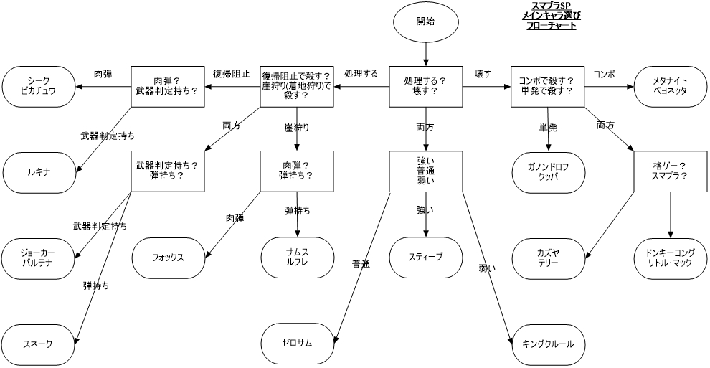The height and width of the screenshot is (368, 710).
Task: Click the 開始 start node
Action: click(x=425, y=21)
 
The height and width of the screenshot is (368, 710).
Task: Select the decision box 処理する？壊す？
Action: click(x=425, y=86)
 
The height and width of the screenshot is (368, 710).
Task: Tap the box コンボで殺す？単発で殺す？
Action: click(x=548, y=86)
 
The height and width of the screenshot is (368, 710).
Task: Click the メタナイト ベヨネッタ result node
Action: click(x=670, y=86)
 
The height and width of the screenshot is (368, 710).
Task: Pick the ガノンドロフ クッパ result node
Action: click(x=548, y=172)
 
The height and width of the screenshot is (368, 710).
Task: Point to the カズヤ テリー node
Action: click(x=548, y=258)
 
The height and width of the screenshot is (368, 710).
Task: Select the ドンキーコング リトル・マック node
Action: click(x=670, y=258)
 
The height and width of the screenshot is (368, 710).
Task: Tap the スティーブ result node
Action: click(x=425, y=257)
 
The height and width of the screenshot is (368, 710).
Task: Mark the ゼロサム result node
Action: click(x=297, y=343)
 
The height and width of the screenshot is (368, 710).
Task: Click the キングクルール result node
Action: click(x=548, y=343)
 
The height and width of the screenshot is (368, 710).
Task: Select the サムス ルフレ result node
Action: click(x=297, y=258)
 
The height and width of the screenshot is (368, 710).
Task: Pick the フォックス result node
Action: click(x=168, y=258)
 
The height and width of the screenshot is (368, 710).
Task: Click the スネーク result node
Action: click(x=39, y=343)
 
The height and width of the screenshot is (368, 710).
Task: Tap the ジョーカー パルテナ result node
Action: click(x=39, y=258)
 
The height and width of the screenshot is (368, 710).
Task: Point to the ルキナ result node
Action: click(x=39, y=172)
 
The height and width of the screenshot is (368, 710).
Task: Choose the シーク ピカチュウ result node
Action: click(x=39, y=86)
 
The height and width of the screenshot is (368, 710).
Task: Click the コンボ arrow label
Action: click(x=604, y=75)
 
